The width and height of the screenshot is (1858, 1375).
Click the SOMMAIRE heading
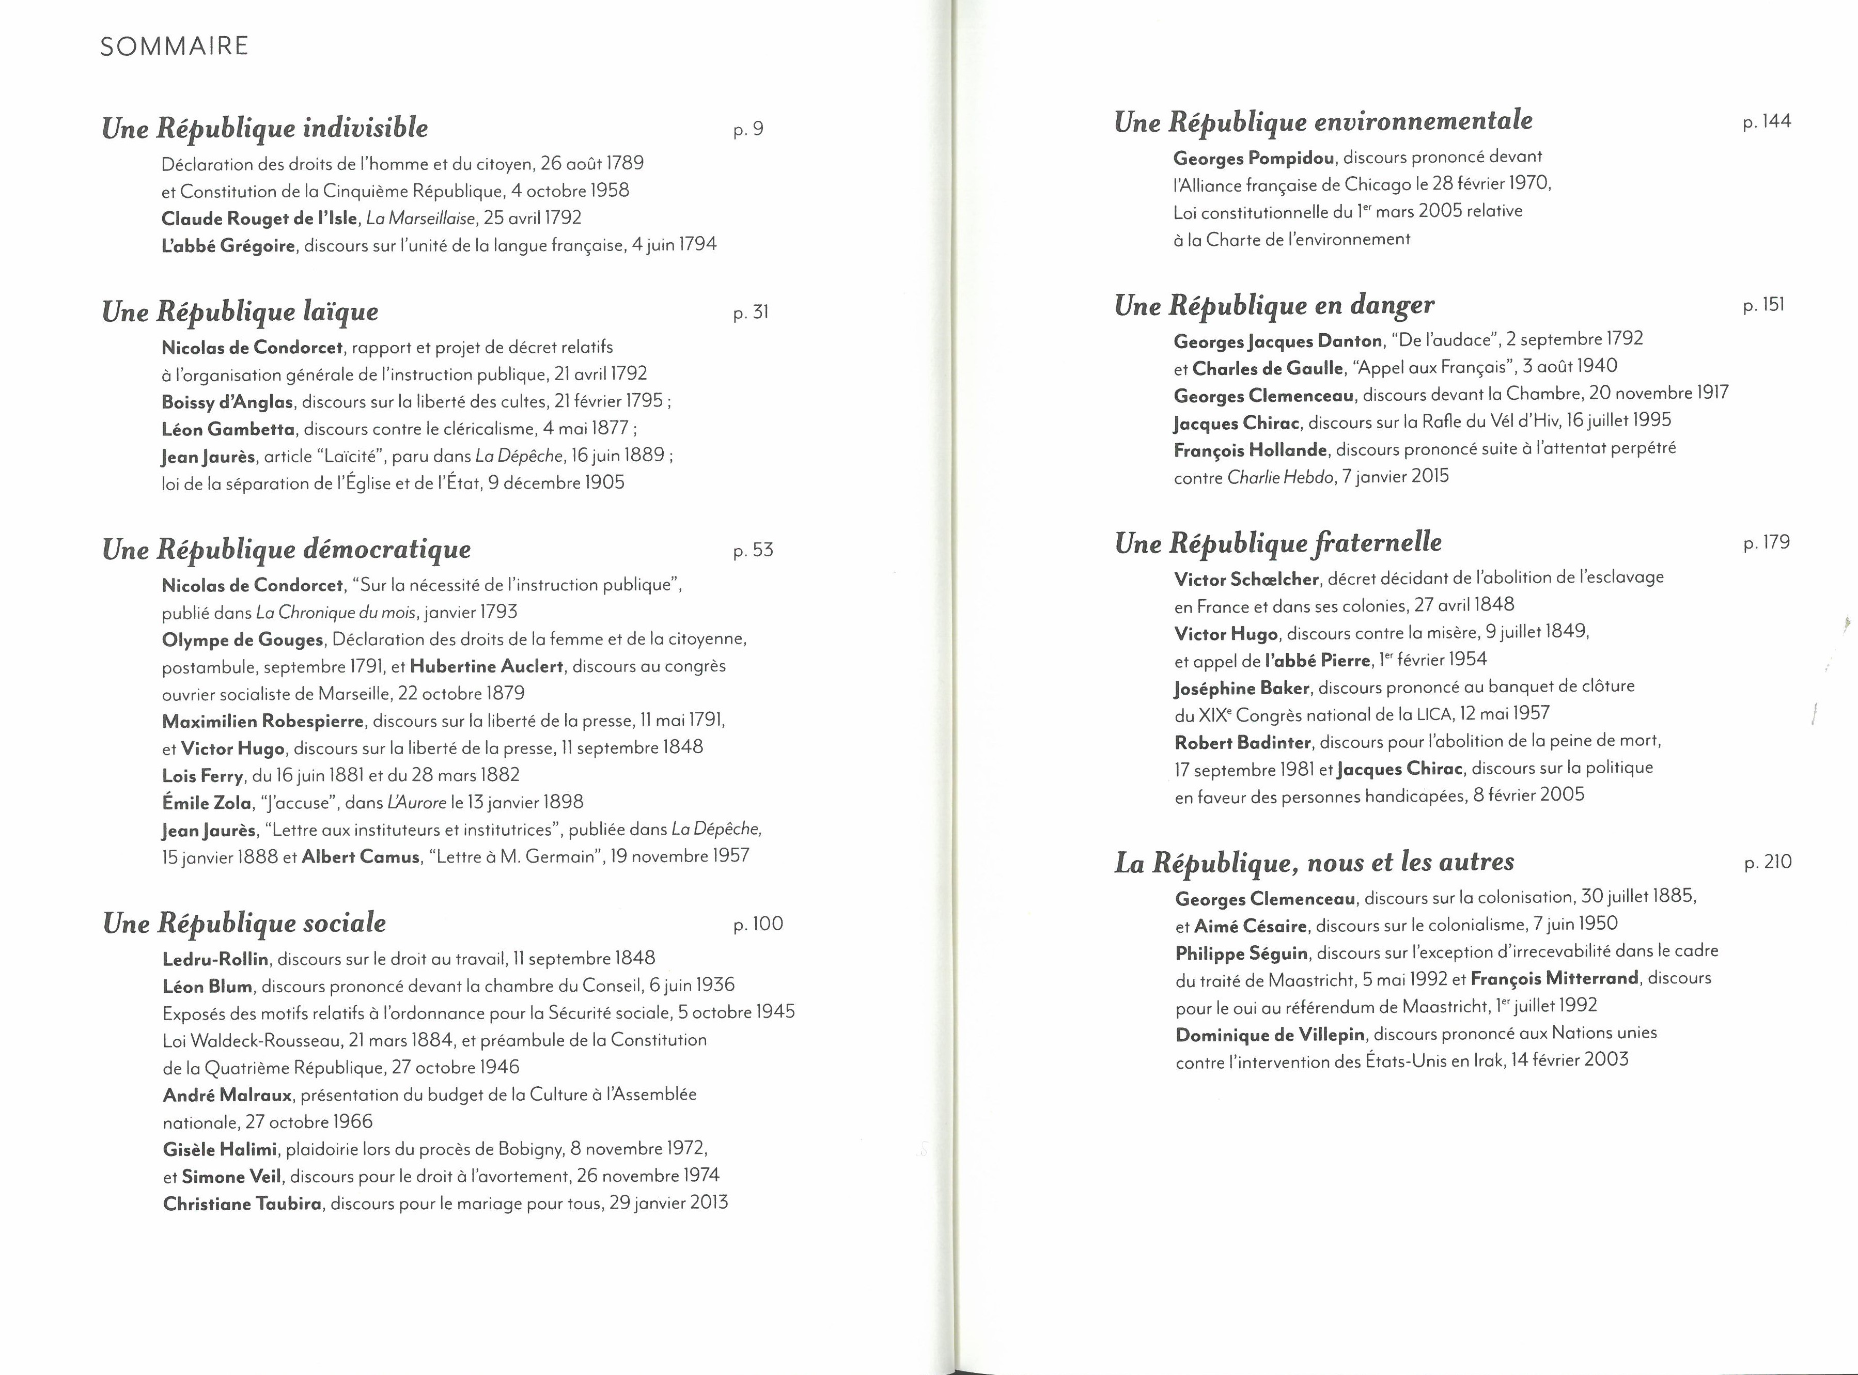[x=174, y=46]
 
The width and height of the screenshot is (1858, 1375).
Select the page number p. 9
[x=747, y=129]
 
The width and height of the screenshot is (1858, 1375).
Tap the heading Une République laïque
[x=240, y=312]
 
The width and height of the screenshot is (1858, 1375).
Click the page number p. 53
[x=753, y=550]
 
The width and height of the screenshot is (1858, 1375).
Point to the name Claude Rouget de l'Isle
[x=259, y=218]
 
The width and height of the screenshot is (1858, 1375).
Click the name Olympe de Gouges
[x=242, y=639]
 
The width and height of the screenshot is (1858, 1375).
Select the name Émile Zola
[x=207, y=802]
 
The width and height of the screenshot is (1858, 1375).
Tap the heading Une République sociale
[x=244, y=923]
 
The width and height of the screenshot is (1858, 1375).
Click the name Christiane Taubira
[x=242, y=1204]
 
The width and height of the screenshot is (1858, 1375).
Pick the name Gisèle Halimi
[x=220, y=1149]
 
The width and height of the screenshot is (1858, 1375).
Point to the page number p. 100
[x=758, y=924]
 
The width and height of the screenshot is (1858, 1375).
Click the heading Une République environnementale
[x=1323, y=121]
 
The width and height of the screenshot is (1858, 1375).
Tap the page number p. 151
[x=1763, y=305]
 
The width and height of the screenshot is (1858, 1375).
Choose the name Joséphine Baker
[x=1242, y=689]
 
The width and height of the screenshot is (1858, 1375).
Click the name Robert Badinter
[x=1243, y=742]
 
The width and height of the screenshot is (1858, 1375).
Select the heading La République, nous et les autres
[x=1314, y=862]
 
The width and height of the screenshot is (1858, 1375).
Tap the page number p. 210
[x=1767, y=862]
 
